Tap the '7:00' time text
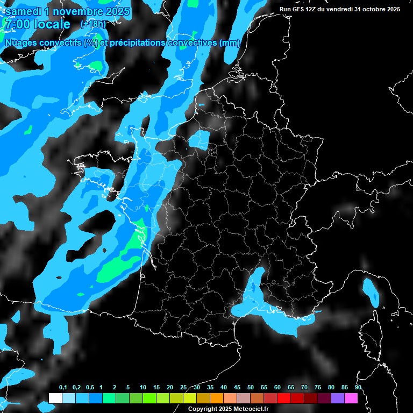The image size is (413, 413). (17, 24)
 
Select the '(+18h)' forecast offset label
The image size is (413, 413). (92, 24)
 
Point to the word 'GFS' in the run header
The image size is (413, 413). (298, 9)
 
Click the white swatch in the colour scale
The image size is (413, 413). (55, 398)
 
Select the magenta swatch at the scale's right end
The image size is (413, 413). (351, 398)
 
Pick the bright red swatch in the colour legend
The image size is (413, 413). (284, 398)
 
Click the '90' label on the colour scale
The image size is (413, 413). (358, 387)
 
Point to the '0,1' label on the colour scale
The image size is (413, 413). (62, 387)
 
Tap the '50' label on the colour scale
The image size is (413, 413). (251, 387)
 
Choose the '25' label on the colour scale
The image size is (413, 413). (183, 387)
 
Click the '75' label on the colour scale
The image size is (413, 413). (318, 387)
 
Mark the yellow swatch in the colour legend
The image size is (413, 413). (189, 398)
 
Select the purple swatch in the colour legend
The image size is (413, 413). (338, 398)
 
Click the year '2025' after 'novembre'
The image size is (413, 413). (114, 11)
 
